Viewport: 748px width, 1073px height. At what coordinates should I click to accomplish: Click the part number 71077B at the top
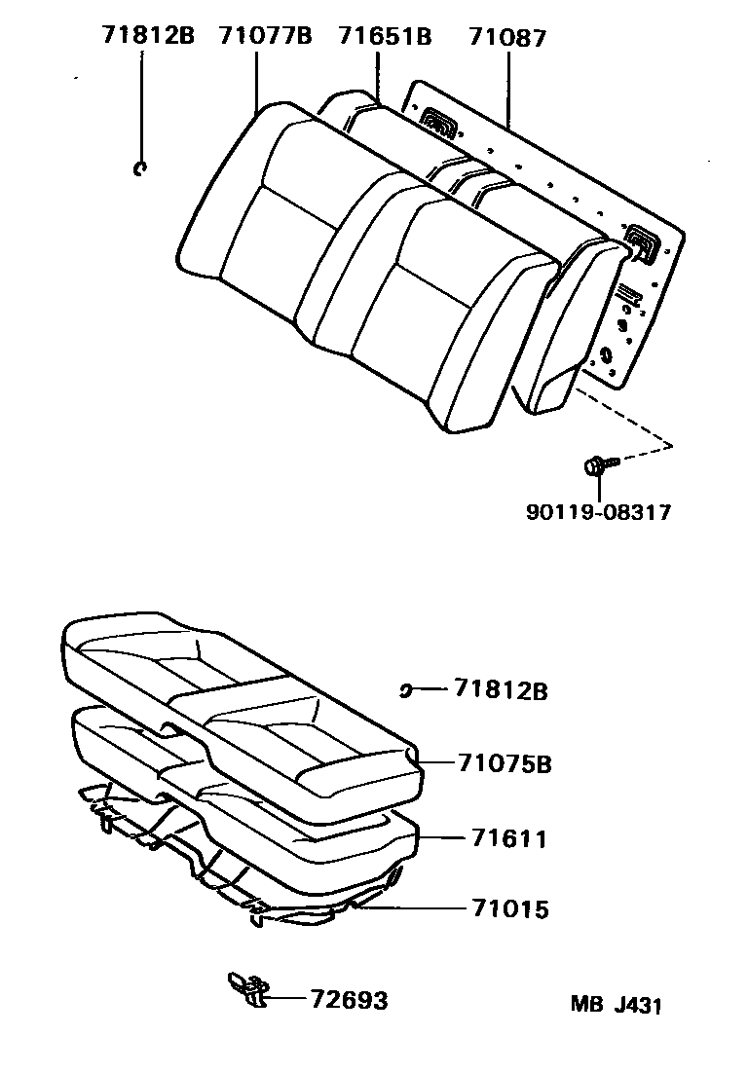tap(265, 36)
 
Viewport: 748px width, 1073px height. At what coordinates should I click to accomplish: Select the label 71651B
tap(386, 36)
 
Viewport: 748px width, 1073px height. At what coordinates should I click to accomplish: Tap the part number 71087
tap(507, 37)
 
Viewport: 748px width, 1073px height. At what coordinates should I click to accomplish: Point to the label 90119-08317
tap(599, 511)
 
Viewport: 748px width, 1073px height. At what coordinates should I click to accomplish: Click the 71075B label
tap(505, 763)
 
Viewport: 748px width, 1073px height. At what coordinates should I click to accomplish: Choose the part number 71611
tap(509, 838)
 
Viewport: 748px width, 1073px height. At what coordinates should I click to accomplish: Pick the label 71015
tap(509, 908)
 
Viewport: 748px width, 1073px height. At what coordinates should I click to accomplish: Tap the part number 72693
tap(349, 1000)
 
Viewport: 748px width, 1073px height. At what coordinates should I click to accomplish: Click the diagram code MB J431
tap(617, 1005)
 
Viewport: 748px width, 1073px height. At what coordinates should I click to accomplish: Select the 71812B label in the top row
tap(148, 35)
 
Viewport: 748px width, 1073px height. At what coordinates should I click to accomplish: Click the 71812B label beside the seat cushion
tap(501, 689)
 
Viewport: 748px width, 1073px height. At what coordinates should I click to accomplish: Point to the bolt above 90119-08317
tap(601, 465)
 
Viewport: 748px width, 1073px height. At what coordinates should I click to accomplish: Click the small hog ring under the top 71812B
tap(141, 168)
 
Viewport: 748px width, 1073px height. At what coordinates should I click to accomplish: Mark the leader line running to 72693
tap(286, 1000)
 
